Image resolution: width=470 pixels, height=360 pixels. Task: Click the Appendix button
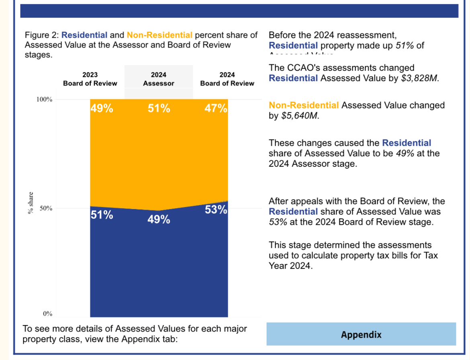coord(361,334)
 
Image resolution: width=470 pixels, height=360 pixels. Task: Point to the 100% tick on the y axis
coord(45,99)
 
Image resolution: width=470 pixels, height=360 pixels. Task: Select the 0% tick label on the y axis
coord(48,314)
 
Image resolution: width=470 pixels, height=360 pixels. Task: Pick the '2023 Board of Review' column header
coord(90,79)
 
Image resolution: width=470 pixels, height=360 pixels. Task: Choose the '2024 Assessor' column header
coord(159,79)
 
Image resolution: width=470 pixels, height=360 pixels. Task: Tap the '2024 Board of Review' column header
coord(227,79)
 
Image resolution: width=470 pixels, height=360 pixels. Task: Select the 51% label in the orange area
coord(159,108)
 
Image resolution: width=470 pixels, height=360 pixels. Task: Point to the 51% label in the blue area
coord(101,215)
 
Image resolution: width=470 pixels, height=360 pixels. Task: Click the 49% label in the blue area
coord(159,220)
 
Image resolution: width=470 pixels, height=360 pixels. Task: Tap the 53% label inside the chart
coord(216,210)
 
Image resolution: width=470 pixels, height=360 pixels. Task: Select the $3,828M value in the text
coord(419,78)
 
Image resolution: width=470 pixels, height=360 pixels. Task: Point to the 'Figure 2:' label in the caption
coord(42,35)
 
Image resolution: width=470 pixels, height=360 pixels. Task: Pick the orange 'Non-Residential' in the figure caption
coord(159,35)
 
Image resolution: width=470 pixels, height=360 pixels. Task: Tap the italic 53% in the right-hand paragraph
coord(278,222)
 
